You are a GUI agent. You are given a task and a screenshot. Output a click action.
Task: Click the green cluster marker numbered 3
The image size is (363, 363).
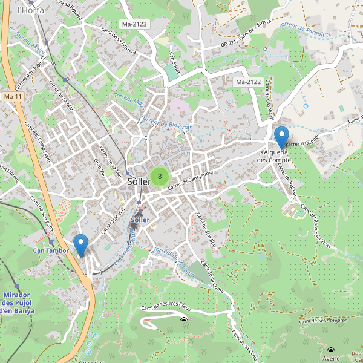pos(159,176)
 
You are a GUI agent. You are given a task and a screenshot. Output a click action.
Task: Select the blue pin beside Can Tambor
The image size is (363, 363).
pos(80,245)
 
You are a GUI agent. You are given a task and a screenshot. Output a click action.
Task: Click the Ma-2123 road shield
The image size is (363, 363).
pos(134,24)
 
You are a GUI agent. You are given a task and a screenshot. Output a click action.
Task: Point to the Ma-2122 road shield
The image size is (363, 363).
pos(248,82)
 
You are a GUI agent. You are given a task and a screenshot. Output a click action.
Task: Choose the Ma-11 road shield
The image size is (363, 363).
pos(13,97)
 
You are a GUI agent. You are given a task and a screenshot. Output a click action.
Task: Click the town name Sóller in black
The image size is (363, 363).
pos(139,181)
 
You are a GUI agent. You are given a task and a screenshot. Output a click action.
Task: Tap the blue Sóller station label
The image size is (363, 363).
pos(140,220)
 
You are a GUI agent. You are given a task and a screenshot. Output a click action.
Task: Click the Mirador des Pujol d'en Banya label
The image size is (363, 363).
pos(18,302)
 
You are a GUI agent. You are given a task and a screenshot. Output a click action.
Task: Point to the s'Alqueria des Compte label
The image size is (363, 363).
pos(275,156)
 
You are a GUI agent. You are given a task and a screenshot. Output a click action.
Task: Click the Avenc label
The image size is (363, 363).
pos(331,358)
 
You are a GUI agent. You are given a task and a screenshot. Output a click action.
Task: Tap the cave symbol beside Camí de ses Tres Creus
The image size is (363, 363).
pos(184,321)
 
